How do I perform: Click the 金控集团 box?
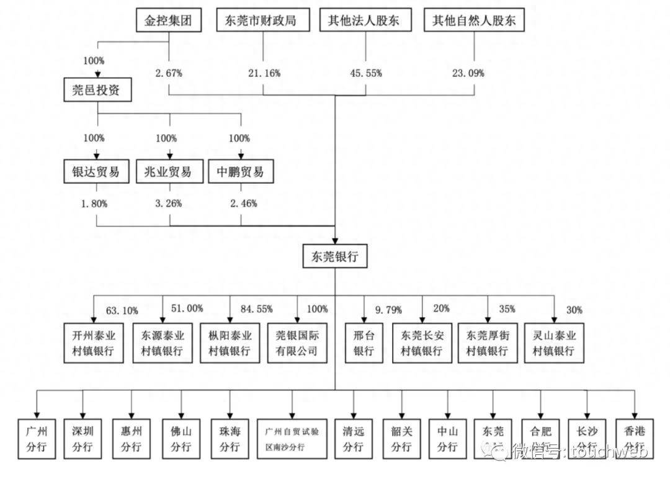(x=169, y=20)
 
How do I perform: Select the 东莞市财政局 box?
(x=264, y=20)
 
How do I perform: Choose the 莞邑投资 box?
(x=97, y=91)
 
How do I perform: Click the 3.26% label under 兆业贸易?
(x=168, y=203)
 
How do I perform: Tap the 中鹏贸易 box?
(x=240, y=172)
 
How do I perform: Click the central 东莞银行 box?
(x=335, y=256)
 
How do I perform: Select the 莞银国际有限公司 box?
(x=297, y=343)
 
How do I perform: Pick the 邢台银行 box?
(x=364, y=343)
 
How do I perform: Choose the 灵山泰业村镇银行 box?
(x=554, y=343)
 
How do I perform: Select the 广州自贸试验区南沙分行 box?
(x=292, y=438)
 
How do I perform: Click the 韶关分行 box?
(x=401, y=438)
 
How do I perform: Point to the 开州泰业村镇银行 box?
(x=94, y=343)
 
